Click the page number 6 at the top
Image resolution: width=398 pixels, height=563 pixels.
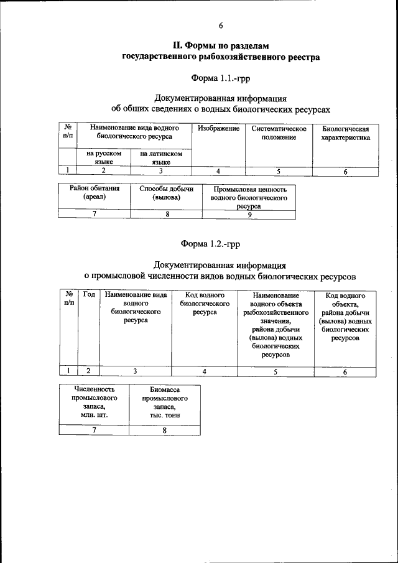(x=220, y=26)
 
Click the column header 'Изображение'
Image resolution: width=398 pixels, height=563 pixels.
(x=218, y=128)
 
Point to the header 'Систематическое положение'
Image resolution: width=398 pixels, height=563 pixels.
(x=279, y=133)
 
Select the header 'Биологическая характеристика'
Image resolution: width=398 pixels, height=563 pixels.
(x=345, y=133)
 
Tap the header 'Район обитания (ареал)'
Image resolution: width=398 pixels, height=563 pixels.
(x=95, y=192)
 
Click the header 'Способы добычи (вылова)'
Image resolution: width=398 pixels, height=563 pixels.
(x=166, y=192)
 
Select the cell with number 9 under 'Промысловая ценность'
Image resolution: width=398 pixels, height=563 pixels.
(x=249, y=214)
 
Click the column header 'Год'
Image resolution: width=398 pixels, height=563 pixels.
(x=89, y=295)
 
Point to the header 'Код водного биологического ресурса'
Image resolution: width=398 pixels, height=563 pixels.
(x=205, y=304)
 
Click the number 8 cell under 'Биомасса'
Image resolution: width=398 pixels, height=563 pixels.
(x=164, y=430)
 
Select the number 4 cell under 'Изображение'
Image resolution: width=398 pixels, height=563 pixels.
(x=218, y=170)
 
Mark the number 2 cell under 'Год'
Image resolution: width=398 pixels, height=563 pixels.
(x=89, y=371)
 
